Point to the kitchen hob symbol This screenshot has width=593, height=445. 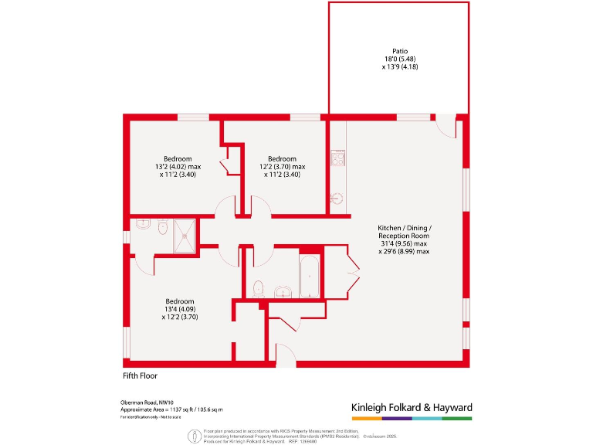click(337, 158)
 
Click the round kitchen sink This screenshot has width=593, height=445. click(336, 199)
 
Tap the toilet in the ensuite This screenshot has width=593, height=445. click(162, 229)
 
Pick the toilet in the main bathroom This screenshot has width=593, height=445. click(259, 288)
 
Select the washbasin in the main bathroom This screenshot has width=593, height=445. click(283, 291)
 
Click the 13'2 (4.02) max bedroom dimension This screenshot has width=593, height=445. click(177, 167)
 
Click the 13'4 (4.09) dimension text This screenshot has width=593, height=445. click(179, 309)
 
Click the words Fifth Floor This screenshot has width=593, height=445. click(140, 375)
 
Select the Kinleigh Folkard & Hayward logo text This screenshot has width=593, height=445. click(411, 407)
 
